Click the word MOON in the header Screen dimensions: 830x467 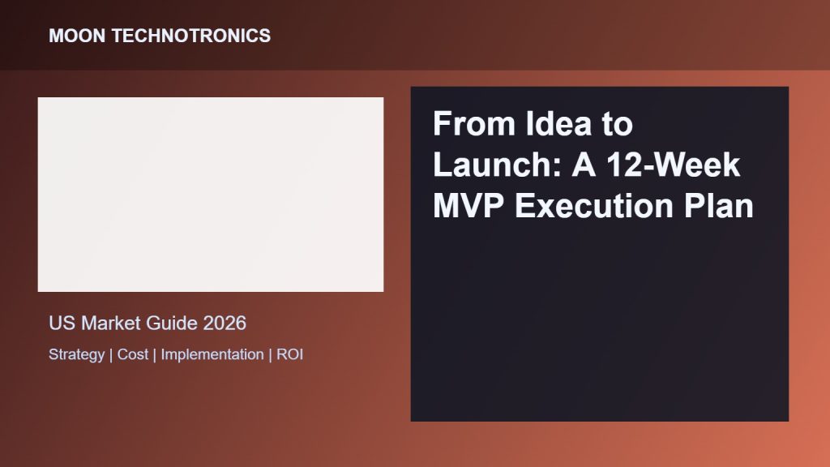tap(77, 36)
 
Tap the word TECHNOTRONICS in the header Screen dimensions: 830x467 tap(191, 36)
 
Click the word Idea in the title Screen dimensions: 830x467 tap(558, 123)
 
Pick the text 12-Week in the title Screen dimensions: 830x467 tap(673, 164)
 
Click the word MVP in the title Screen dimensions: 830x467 tap(468, 205)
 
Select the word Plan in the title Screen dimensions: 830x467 tap(718, 205)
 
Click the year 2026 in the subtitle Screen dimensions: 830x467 tap(225, 323)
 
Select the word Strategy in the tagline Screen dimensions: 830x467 tap(77, 354)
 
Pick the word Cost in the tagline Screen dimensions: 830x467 tap(133, 354)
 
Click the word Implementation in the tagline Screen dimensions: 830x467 tap(212, 354)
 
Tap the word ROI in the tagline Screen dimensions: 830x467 tap(289, 354)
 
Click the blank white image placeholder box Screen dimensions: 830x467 tap(211, 195)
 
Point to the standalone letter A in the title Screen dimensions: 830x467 tap(584, 164)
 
